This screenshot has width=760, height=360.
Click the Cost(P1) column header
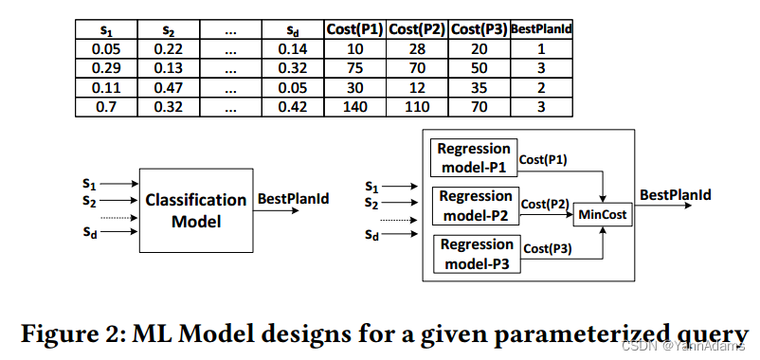click(x=354, y=28)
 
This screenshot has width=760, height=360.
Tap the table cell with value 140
click(x=354, y=106)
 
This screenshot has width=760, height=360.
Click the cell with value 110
click(x=417, y=106)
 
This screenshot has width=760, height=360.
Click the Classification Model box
click(x=195, y=210)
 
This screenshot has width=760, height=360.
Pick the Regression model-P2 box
click(x=475, y=205)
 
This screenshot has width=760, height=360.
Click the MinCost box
click(x=604, y=215)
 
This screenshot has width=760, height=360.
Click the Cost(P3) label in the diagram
click(x=548, y=248)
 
